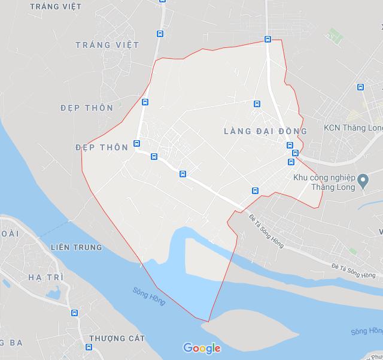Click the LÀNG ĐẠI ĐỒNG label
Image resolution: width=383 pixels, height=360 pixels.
point(265,131)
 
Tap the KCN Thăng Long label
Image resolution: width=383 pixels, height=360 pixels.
point(352,128)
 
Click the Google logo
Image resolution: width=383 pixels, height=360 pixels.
point(202,349)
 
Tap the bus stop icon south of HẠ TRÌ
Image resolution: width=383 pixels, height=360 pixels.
point(74,313)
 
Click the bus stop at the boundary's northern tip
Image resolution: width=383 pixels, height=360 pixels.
point(268,40)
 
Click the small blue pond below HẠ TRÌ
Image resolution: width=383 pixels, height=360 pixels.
point(51,294)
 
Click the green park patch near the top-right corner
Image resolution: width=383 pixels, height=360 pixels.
point(334,37)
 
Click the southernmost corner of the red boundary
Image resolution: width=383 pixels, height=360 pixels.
point(209,321)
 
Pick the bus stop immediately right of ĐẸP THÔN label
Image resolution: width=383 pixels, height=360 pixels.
point(137,144)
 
